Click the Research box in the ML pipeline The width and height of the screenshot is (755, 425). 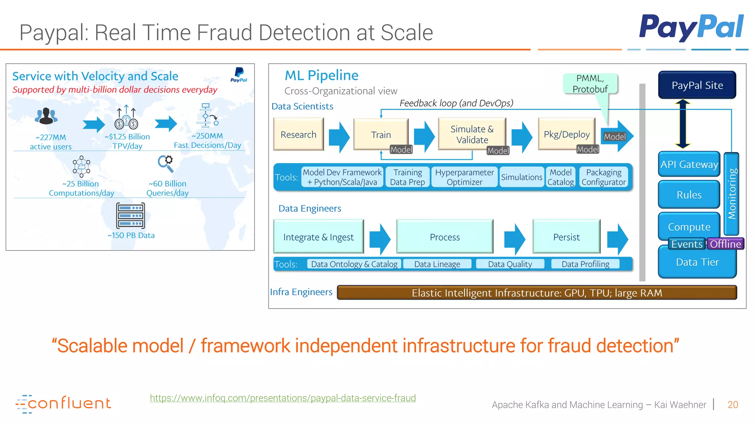click(x=298, y=134)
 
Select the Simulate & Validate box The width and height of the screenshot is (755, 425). click(x=472, y=134)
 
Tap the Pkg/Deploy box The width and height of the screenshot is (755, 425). click(x=567, y=134)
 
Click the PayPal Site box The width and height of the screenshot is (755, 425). click(x=697, y=85)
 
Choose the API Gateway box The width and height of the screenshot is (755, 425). click(x=689, y=164)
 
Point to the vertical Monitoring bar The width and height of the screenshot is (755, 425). click(x=732, y=194)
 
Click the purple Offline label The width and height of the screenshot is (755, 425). click(x=725, y=244)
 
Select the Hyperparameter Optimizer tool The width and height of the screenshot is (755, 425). click(x=464, y=177)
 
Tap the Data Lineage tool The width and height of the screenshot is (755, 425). click(x=437, y=264)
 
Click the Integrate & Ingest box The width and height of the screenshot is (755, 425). click(x=319, y=237)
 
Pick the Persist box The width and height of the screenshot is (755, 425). click(x=566, y=237)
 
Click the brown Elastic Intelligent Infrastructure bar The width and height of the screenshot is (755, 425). click(x=537, y=293)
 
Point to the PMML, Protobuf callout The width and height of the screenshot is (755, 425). click(x=590, y=84)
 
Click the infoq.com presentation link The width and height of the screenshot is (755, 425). click(x=283, y=398)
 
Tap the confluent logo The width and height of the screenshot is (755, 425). click(x=63, y=404)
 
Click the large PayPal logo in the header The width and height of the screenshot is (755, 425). click(x=691, y=27)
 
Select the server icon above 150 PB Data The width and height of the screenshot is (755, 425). click(x=131, y=216)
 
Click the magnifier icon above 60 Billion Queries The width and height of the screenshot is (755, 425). click(x=166, y=163)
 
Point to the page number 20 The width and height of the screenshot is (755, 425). click(x=733, y=405)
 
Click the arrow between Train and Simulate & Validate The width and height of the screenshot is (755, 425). click(x=424, y=136)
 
